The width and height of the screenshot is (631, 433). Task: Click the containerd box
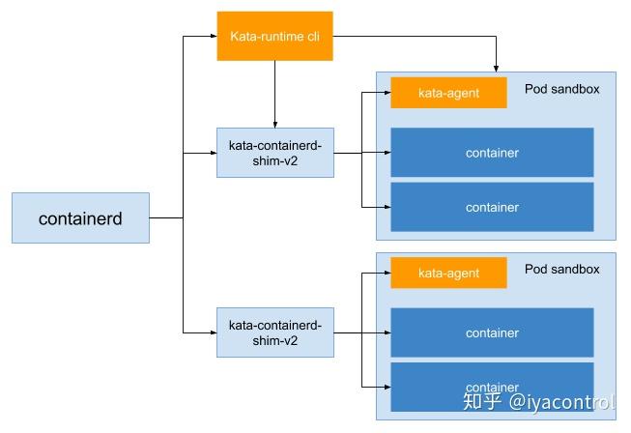click(80, 218)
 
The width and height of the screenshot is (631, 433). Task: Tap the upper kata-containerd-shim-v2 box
click(275, 153)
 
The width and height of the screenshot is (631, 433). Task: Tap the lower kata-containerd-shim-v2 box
click(275, 332)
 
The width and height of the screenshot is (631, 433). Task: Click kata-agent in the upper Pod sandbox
click(448, 93)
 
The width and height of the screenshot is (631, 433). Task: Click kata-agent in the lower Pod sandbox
click(448, 273)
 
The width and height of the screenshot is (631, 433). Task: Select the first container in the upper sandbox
click(492, 153)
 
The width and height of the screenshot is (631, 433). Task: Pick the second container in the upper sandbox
click(492, 207)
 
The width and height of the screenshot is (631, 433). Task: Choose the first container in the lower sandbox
click(492, 332)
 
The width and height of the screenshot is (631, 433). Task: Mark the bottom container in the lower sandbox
click(492, 386)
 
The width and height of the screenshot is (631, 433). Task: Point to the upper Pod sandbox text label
click(561, 89)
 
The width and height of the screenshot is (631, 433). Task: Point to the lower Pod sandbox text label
click(561, 269)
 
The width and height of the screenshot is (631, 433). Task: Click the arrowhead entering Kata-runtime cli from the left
click(213, 37)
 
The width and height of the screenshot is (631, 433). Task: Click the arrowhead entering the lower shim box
click(213, 332)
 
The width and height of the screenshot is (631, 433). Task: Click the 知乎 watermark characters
click(483, 402)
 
